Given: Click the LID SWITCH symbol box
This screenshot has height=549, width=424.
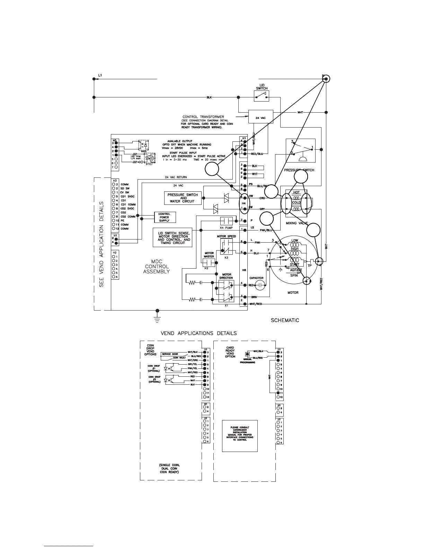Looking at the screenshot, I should (262, 96).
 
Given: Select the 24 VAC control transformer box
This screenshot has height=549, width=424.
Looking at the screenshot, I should (260, 117).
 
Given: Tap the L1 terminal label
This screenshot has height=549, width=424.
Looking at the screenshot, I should (100, 75).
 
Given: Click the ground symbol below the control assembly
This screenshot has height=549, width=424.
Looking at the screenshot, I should (158, 316).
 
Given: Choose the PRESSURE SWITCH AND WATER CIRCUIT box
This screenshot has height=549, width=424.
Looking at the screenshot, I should (183, 198).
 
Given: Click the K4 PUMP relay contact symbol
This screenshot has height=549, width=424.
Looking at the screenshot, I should (227, 220).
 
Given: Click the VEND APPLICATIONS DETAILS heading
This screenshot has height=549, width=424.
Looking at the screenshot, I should (198, 333).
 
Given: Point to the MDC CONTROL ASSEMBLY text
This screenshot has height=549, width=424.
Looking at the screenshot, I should (157, 267).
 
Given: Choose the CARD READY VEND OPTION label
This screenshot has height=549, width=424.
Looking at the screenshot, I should (230, 352).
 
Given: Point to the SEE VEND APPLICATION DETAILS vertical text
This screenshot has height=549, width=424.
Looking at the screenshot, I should (102, 244).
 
